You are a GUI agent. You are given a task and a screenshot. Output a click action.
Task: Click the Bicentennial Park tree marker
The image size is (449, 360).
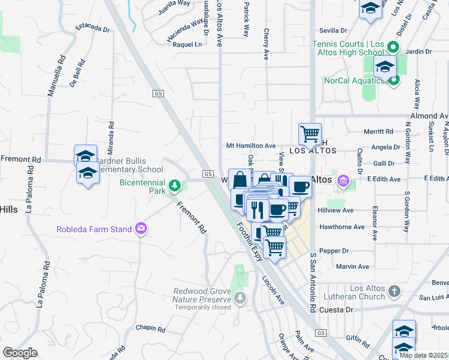[x=175, y=185]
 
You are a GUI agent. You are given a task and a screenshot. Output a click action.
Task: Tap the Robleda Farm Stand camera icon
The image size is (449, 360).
[x=141, y=229]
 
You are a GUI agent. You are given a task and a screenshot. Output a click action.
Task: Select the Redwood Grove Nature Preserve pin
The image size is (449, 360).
[x=241, y=298]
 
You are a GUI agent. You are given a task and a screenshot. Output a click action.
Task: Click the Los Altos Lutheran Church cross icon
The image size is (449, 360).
[x=394, y=292]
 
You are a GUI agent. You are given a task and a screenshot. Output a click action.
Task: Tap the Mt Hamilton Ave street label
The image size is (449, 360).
[x=250, y=146]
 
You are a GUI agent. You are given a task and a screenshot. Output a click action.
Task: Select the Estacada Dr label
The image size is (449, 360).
[x=92, y=28]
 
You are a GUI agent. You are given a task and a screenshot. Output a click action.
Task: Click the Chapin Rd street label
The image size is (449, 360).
[x=150, y=328]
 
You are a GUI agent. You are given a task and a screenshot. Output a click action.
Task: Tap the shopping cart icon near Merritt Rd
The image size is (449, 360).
[x=310, y=133]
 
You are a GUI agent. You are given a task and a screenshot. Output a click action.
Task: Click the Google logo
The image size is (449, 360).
[x=20, y=353]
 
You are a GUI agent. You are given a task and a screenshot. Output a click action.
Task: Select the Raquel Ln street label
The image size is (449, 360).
[x=187, y=44]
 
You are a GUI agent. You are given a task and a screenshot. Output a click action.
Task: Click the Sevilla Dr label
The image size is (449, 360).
[x=334, y=31]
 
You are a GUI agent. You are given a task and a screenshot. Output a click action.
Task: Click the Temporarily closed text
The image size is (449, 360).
[x=202, y=307]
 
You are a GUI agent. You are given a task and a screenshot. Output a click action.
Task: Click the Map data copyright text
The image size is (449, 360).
[x=424, y=355]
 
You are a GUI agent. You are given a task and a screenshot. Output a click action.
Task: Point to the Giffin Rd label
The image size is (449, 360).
[x=358, y=341]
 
